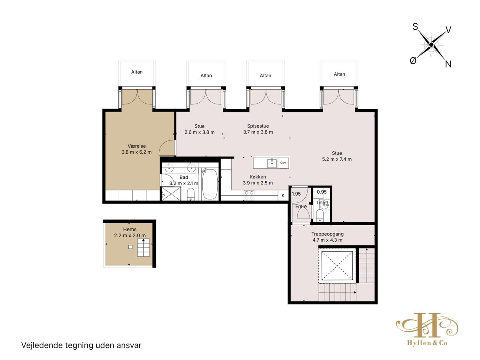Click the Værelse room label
pyautogui.click(x=137, y=146)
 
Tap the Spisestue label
pyautogui.click(x=258, y=126)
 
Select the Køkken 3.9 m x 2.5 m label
pyautogui.click(x=258, y=180)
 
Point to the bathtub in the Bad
pyautogui.click(x=210, y=184)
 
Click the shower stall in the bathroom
pyautogui.click(x=172, y=194)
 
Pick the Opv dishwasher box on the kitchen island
pyautogui.click(x=283, y=163)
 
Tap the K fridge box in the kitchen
pyautogui.click(x=283, y=196)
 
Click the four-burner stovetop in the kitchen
pyautogui.click(x=249, y=195)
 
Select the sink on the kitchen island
pyautogui.click(x=272, y=163)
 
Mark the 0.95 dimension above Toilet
pyautogui.click(x=322, y=192)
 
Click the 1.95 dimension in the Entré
pyautogui.click(x=296, y=194)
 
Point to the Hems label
pyautogui.click(x=130, y=230)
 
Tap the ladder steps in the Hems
pyautogui.click(x=144, y=248)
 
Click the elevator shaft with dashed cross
pyautogui.click(x=337, y=266)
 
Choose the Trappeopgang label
pyautogui.click(x=327, y=234)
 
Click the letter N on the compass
pyautogui.click(x=448, y=64)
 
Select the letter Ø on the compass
pyautogui.click(x=413, y=60)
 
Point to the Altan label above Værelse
pyautogui.click(x=137, y=72)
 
